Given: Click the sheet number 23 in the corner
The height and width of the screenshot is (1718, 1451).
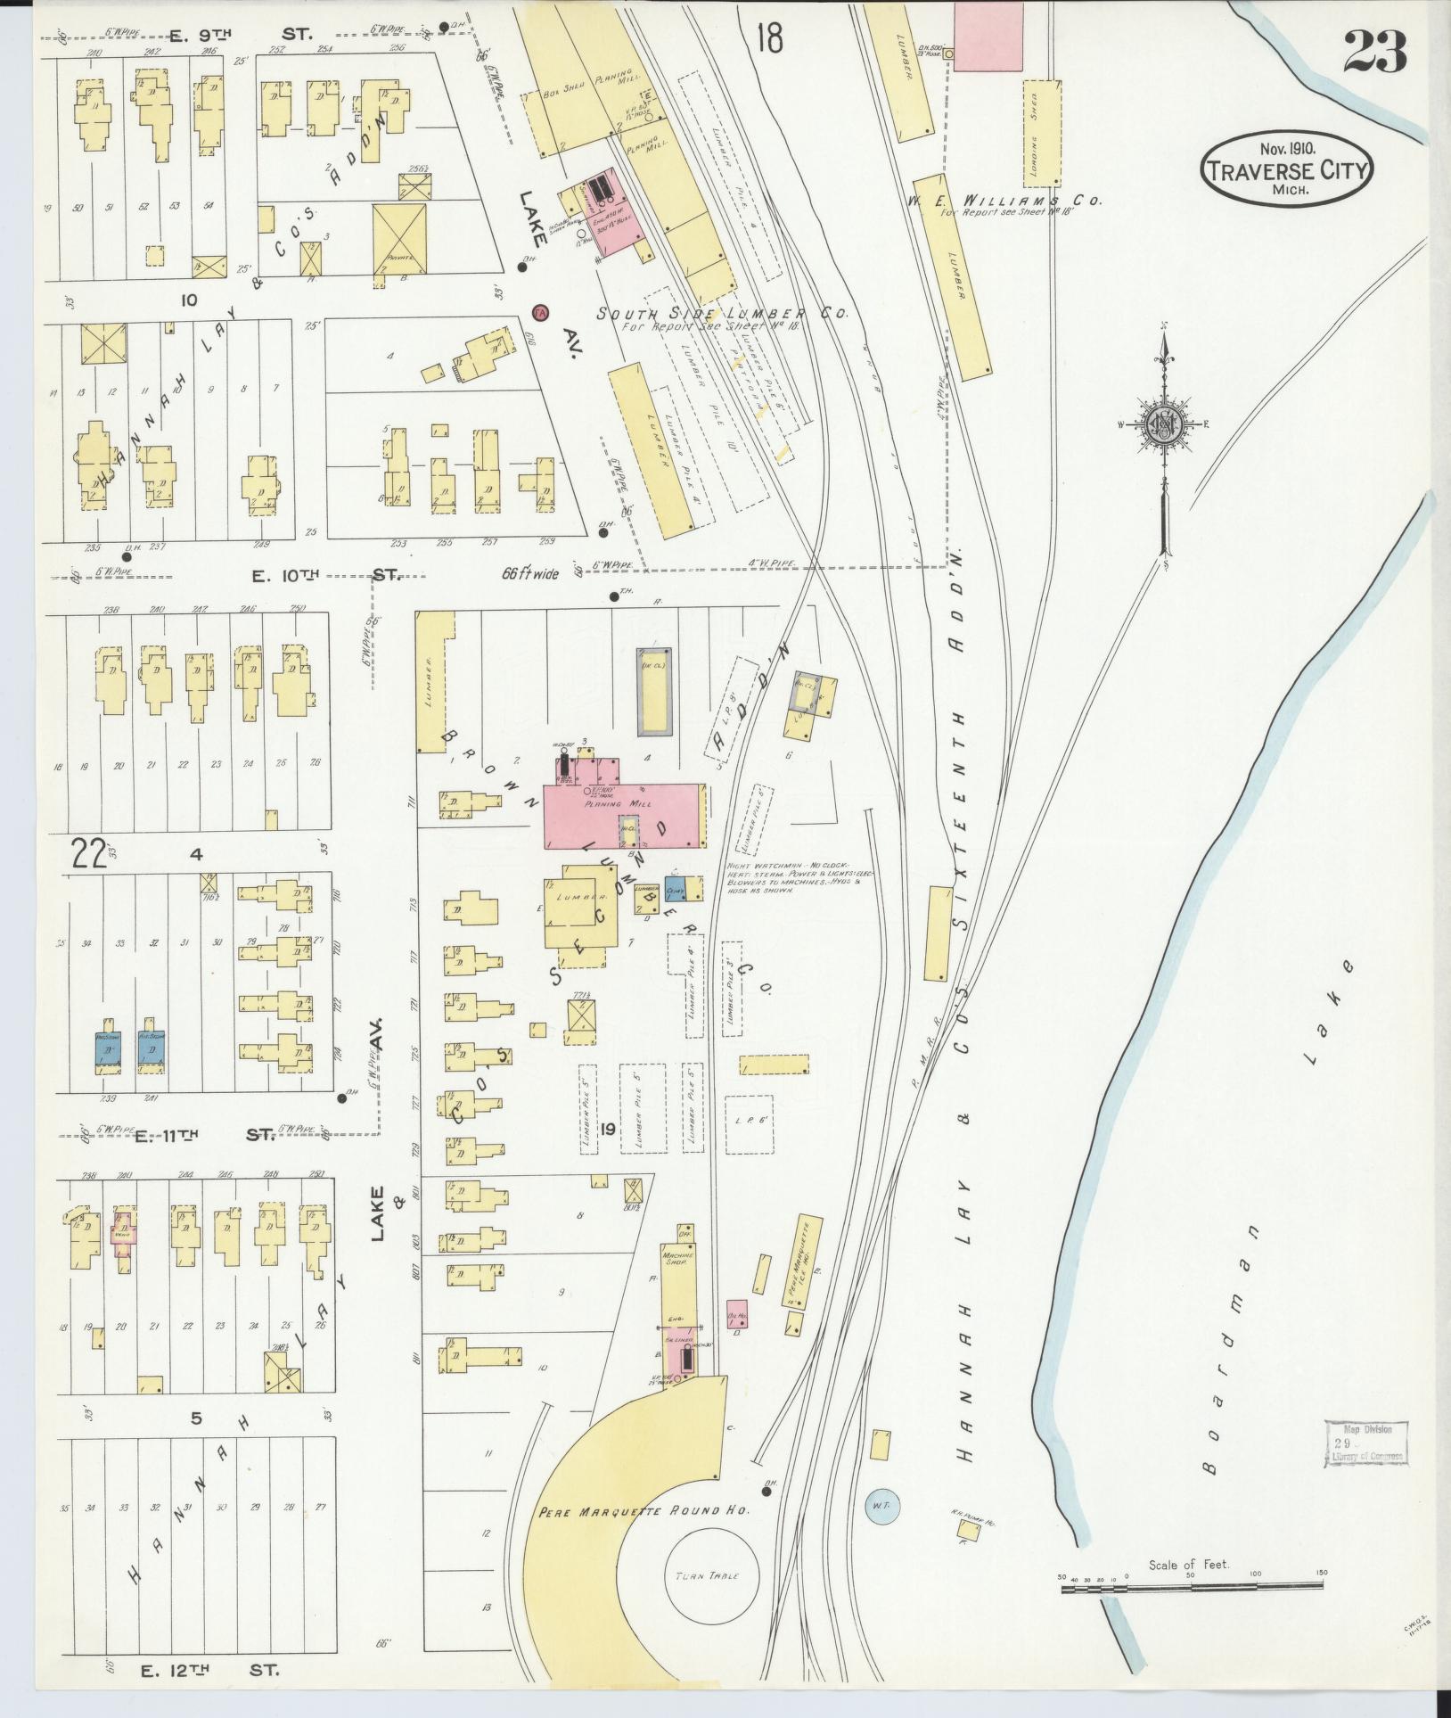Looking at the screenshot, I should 1374,51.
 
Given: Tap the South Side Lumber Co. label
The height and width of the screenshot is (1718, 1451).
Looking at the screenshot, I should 722,314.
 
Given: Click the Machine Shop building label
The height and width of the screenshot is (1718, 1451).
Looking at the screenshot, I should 678,1262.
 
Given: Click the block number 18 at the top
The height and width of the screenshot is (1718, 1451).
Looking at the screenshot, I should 768,38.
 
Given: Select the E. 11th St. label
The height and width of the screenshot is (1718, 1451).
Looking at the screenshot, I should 205,1135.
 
